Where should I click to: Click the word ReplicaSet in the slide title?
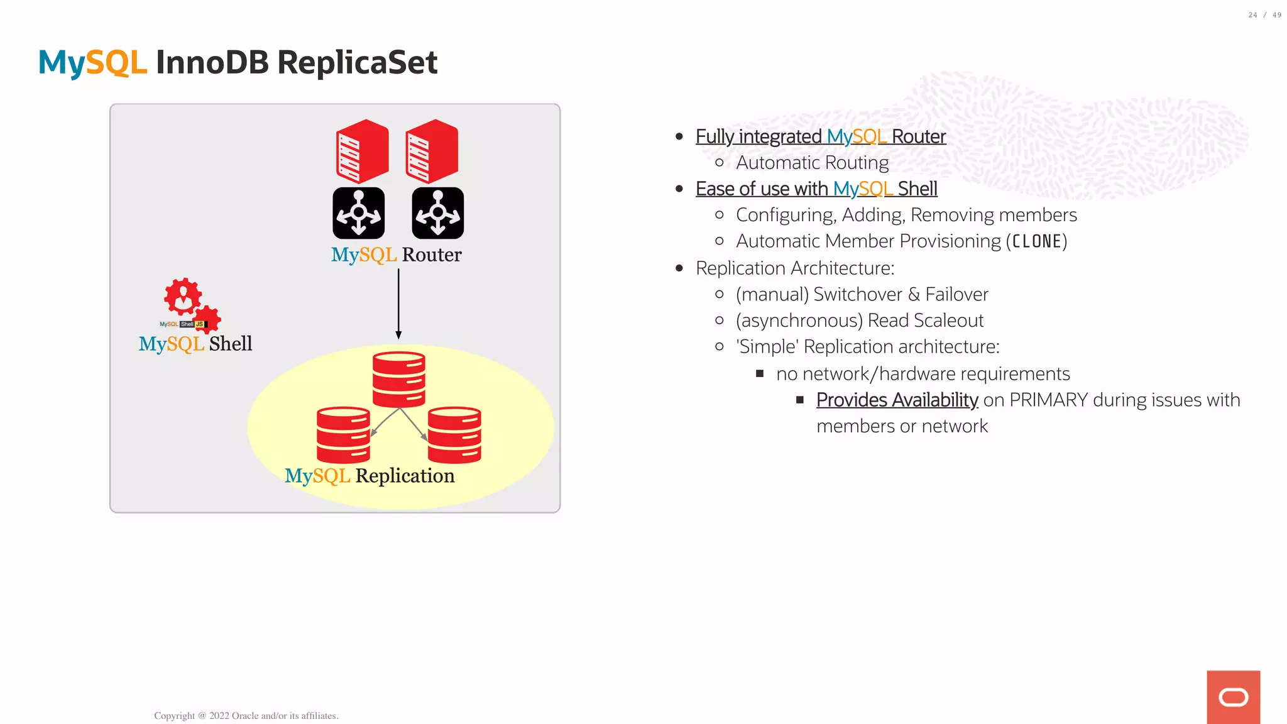(x=357, y=63)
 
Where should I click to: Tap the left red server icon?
(x=362, y=151)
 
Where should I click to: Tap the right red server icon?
(x=432, y=151)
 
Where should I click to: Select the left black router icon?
(x=358, y=213)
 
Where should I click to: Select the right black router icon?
(x=437, y=213)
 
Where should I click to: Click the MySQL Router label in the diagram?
(x=396, y=255)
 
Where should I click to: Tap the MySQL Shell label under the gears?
(x=195, y=344)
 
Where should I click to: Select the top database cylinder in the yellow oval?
(x=398, y=379)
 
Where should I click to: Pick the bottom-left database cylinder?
(x=343, y=435)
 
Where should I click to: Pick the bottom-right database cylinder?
(x=454, y=435)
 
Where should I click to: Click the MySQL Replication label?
(x=370, y=476)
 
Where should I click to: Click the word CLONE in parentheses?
(x=1036, y=241)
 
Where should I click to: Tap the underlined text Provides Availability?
(x=897, y=400)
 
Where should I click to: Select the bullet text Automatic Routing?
(x=812, y=163)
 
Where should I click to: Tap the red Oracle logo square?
(x=1233, y=697)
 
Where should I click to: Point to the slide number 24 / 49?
(x=1264, y=15)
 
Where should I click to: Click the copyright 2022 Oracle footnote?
(x=246, y=716)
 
